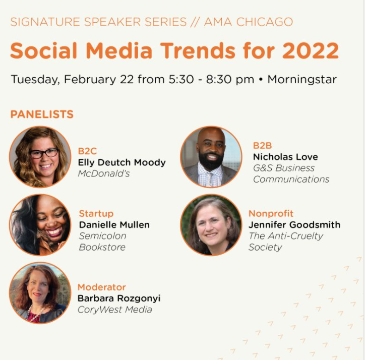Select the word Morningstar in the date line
pos(302,79)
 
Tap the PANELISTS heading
pos(42,114)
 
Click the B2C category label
pos(87,151)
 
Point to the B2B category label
pos(262,146)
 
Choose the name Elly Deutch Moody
pos(121,162)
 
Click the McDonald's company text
pos(104,173)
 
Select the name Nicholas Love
pos(285,157)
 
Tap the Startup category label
pos(96,214)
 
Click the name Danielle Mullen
pos(114,225)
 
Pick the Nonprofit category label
pos(271,214)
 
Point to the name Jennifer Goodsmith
pos(294,225)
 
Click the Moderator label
pos(101,287)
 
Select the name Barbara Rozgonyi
pos(119,298)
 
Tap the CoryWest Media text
pos(115,310)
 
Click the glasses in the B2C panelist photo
pos(43,153)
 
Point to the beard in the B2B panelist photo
pos(211,161)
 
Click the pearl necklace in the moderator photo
pos(35,313)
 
